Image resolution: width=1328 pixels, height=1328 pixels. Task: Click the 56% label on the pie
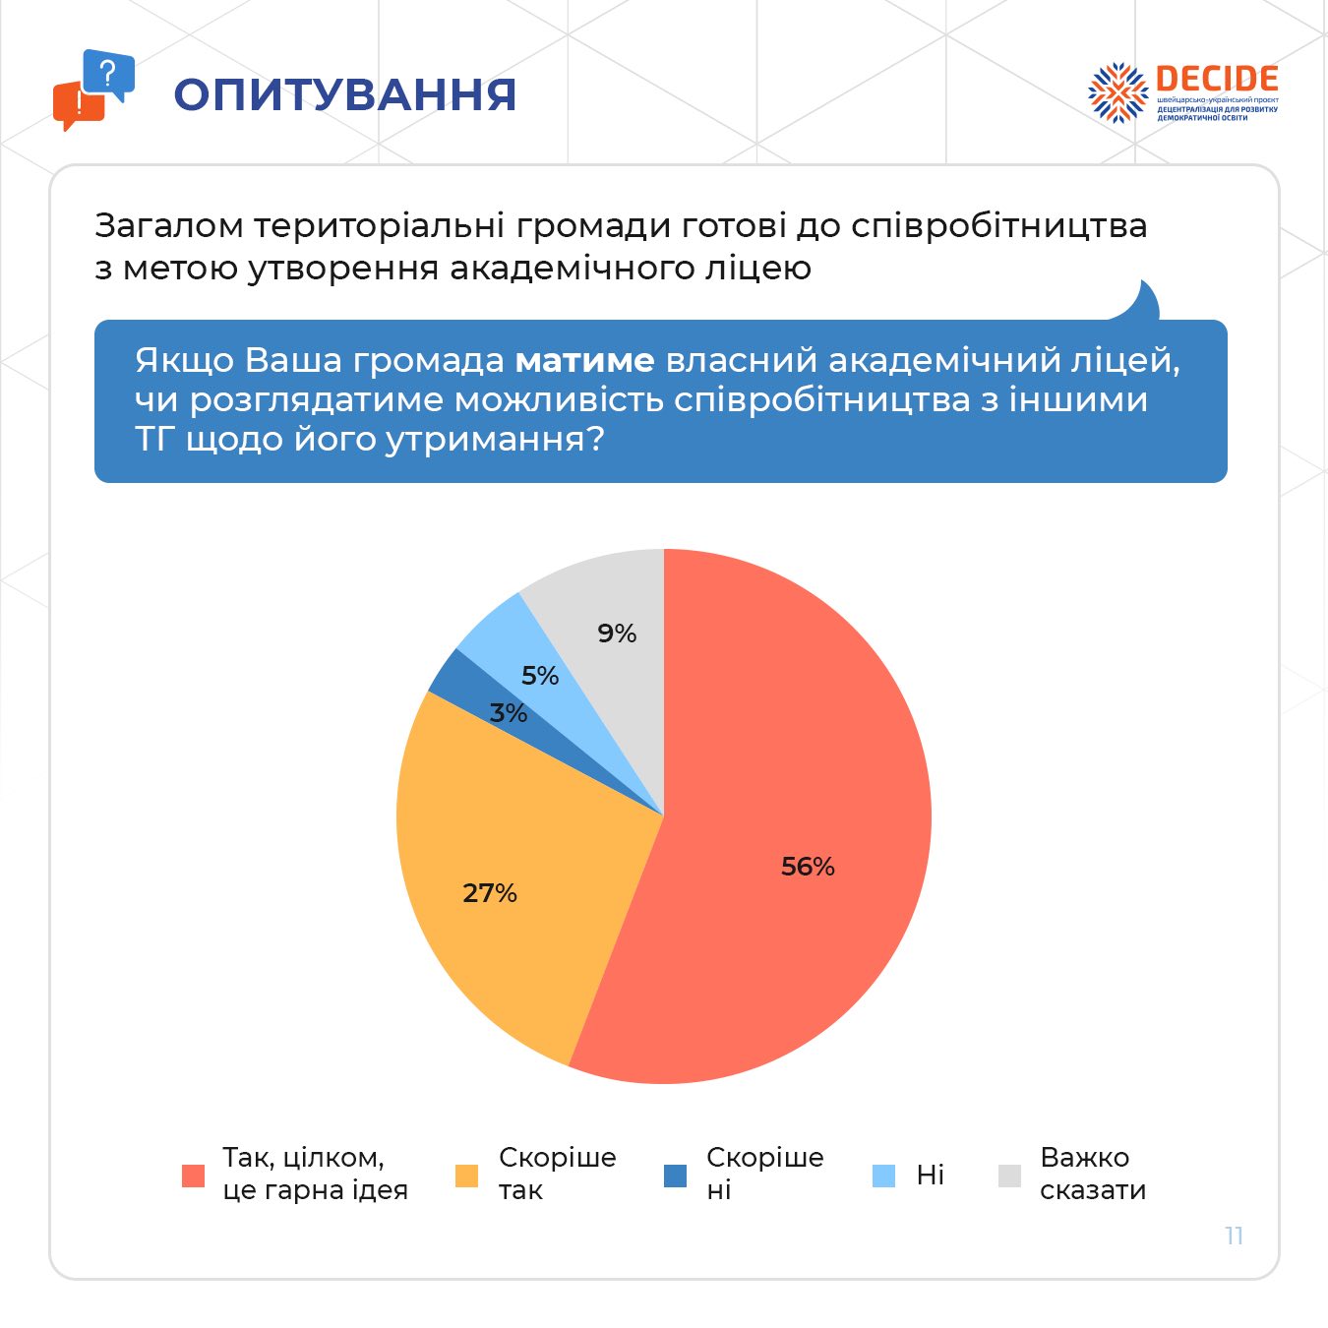pos(808,866)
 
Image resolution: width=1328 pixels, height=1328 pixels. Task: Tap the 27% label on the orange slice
pos(490,892)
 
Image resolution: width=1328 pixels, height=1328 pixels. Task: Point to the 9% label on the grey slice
pos(617,634)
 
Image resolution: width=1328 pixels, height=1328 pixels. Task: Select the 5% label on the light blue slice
pos(540,676)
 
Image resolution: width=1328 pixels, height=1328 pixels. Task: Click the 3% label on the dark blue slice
pos(509,713)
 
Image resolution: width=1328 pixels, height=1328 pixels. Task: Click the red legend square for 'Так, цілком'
pos(194,1176)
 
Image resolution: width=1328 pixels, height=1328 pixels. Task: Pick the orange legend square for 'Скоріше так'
pos(466,1176)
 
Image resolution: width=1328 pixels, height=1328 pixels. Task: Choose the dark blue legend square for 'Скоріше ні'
pos(675,1176)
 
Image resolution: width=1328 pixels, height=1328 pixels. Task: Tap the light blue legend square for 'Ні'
pos(884,1176)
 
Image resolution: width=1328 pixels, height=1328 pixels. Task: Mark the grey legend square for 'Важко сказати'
pos(1009,1176)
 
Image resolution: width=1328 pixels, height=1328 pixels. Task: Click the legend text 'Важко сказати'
pos(1092,1174)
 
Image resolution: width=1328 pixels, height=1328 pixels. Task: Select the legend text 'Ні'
pos(930,1175)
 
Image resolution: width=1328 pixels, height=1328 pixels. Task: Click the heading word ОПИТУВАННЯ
pos(345,94)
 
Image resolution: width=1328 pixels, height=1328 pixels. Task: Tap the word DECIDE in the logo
pos(1217,80)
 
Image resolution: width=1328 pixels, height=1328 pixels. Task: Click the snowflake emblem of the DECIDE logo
pos(1117,92)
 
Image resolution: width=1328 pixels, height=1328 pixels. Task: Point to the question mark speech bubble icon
pos(108,74)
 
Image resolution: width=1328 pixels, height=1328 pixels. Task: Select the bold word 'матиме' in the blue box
pos(584,360)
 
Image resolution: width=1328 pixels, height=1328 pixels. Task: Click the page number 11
pos(1235,1236)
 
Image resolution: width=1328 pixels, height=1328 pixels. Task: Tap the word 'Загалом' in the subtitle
pos(169,226)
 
